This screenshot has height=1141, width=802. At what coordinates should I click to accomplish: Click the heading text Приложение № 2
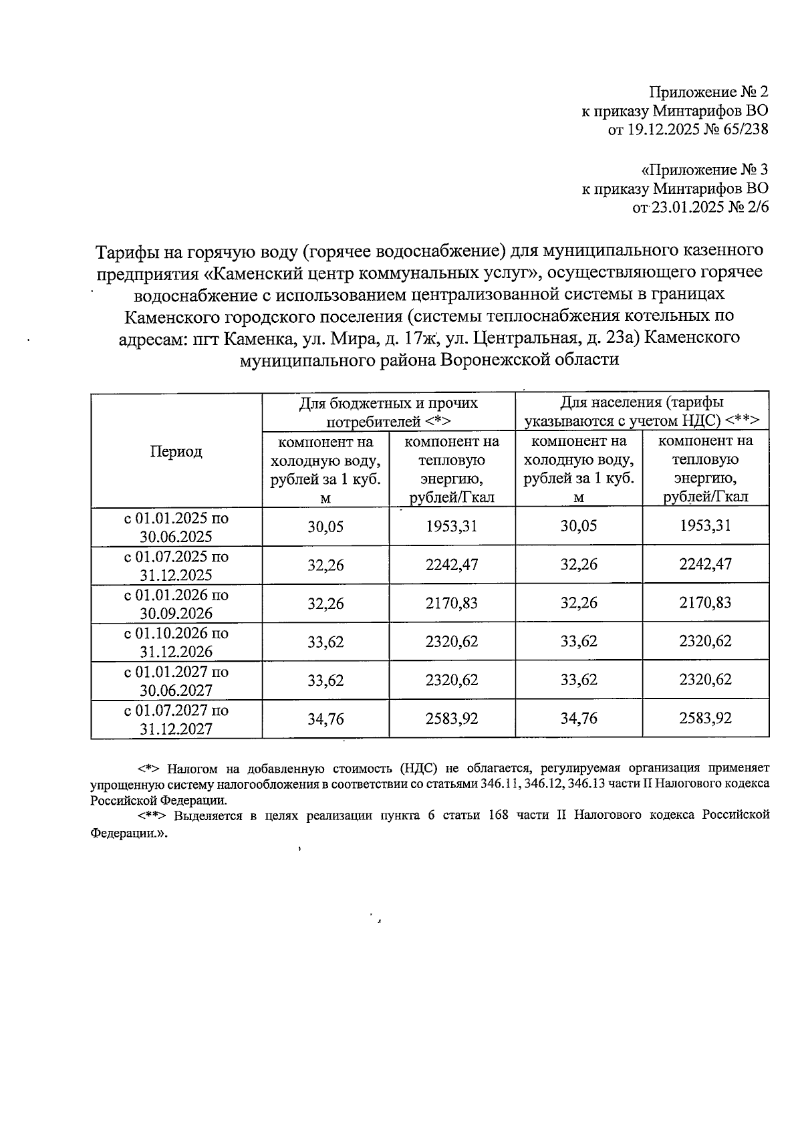click(709, 92)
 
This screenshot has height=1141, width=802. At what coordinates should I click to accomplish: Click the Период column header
click(176, 451)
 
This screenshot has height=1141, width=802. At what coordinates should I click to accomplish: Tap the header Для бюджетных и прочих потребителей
click(388, 412)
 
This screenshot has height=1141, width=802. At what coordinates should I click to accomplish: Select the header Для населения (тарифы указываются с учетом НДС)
click(642, 412)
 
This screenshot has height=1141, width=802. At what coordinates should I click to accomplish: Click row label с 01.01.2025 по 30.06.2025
click(176, 527)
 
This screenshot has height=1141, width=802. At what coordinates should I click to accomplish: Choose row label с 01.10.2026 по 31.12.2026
click(176, 642)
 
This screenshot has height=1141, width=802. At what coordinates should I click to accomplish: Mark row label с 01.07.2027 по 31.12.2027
click(176, 719)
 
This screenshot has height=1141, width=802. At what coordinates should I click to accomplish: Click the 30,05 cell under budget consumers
click(325, 527)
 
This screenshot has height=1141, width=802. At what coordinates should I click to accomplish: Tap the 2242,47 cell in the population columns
click(705, 565)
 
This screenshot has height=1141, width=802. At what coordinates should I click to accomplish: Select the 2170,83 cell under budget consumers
click(452, 604)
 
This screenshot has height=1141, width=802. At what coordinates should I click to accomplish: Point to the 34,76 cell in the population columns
click(579, 719)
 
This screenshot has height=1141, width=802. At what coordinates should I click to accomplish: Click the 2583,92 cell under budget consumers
click(452, 719)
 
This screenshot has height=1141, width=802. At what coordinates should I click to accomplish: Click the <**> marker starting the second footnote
click(152, 815)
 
